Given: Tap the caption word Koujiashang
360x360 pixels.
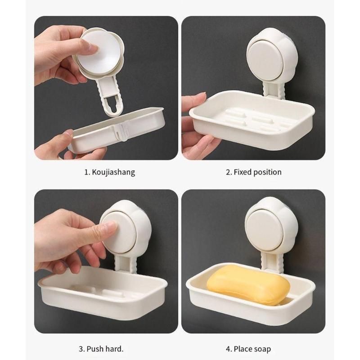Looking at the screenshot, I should [x=112, y=172].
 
